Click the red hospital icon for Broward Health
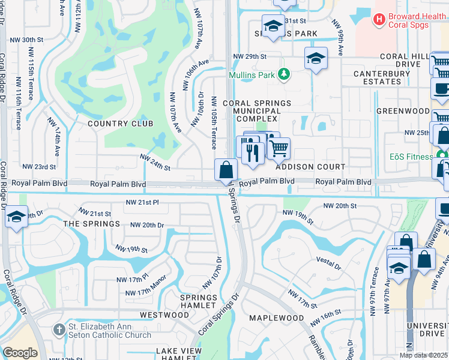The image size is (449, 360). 379,20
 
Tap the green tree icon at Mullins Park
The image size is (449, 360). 285,75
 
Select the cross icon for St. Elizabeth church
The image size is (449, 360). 59,329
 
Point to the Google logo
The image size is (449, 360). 20,353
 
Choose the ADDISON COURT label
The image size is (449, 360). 310,167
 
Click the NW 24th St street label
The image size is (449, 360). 155,161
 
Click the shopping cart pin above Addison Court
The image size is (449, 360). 279,148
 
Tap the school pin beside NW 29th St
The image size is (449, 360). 315,59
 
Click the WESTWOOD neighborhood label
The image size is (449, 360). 164,314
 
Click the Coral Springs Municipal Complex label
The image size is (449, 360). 257,111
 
